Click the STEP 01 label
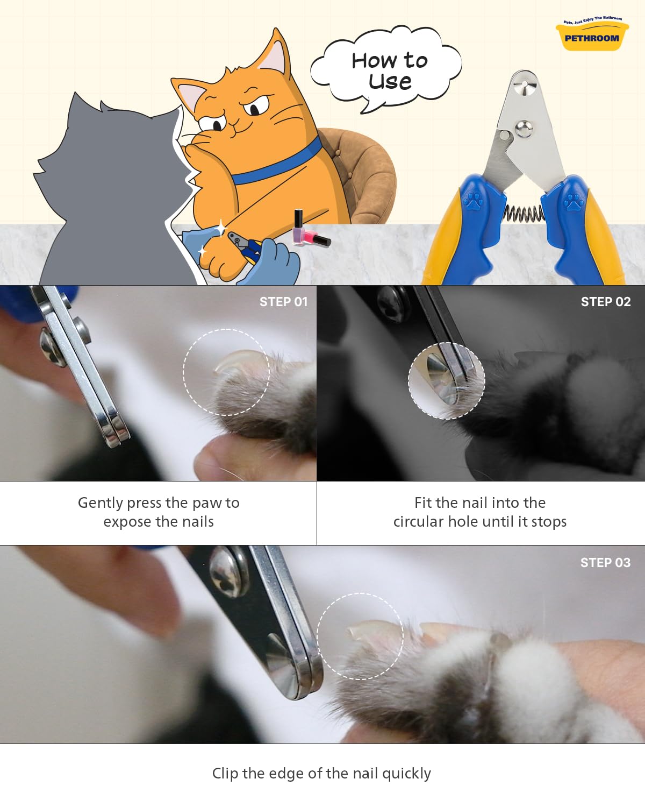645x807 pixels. pos(283,302)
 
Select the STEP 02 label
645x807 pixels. pos(605,302)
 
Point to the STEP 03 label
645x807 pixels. pos(605,563)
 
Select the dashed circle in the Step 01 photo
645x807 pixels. pos(226,372)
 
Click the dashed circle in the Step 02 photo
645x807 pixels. pos(446,381)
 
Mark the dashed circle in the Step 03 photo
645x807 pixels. pos(360,636)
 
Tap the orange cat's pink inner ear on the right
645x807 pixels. pos(274,55)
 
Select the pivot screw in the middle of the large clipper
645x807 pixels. pos(523,128)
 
